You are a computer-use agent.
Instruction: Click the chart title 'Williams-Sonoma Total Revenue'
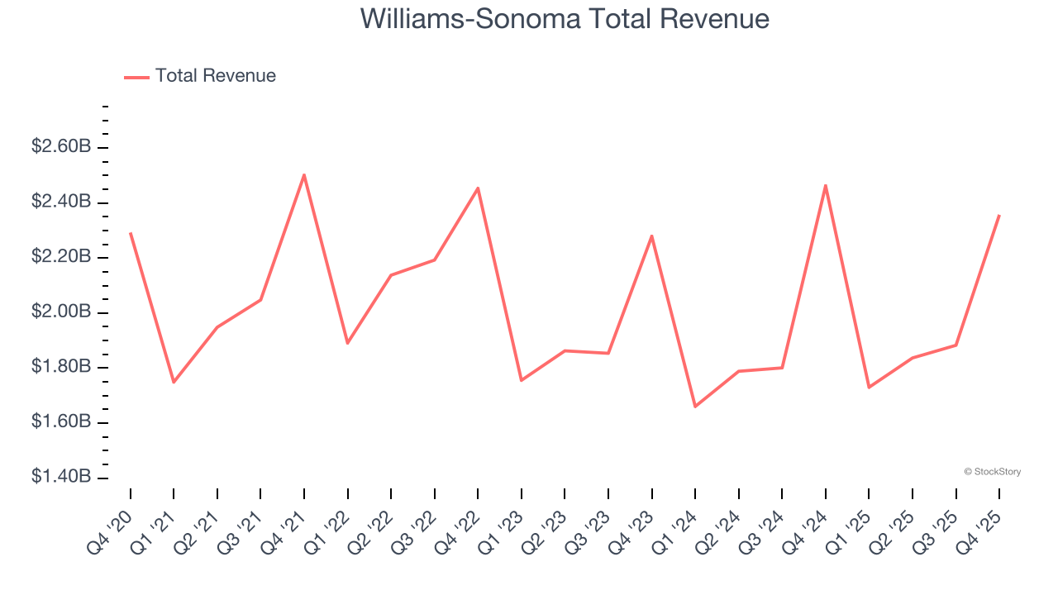565,19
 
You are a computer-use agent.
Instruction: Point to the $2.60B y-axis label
61,147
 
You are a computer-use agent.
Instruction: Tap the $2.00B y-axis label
61,312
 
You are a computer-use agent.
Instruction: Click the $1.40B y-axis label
61,478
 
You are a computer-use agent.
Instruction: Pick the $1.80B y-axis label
61,367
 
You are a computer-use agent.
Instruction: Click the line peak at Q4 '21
304,175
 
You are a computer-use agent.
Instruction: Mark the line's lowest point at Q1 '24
695,407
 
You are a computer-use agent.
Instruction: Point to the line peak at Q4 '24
826,185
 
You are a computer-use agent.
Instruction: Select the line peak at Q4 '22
478,188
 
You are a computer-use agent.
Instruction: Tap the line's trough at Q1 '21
174,382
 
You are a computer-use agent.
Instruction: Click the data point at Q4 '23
652,236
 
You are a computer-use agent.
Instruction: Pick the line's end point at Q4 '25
999,216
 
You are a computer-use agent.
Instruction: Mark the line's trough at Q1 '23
522,380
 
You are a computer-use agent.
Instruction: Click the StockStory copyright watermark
992,472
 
